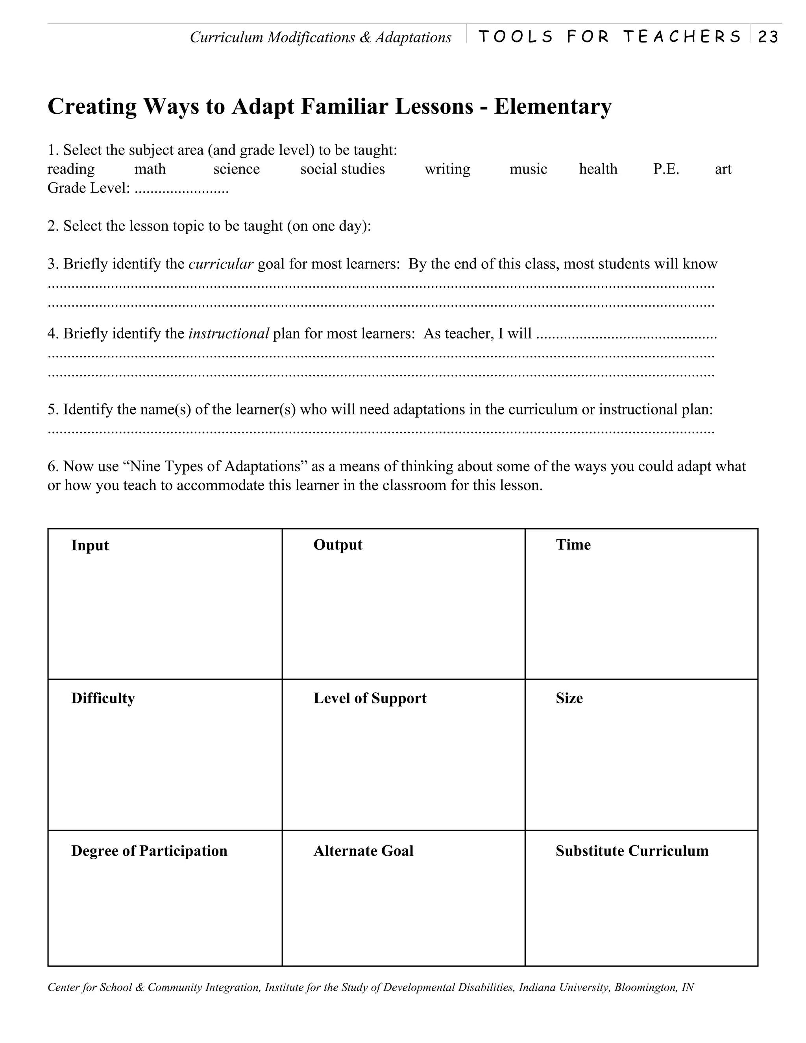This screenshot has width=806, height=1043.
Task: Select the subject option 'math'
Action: tap(150, 169)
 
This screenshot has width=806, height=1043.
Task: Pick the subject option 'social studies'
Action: tap(342, 169)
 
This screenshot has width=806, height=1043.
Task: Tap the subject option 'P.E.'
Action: tap(666, 169)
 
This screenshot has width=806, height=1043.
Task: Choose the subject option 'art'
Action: tap(723, 169)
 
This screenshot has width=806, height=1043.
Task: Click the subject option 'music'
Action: tap(528, 169)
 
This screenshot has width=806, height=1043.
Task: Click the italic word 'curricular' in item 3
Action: tap(221, 264)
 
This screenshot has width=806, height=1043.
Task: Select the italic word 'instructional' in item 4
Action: tap(229, 333)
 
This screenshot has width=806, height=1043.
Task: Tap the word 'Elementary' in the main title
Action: tap(553, 106)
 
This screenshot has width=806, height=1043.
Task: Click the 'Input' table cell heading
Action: tap(90, 546)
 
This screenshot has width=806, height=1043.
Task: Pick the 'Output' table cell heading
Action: tap(338, 545)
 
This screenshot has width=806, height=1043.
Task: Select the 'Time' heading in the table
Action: tap(573, 545)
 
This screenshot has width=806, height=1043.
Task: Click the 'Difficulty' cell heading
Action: tap(103, 698)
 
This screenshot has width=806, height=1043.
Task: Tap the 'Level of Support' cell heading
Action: tap(370, 698)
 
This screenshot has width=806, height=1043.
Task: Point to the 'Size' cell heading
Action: tap(569, 698)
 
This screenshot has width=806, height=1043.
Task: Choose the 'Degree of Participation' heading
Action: tap(149, 851)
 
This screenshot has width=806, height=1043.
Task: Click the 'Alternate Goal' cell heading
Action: tap(363, 851)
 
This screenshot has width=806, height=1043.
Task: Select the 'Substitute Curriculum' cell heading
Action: tap(632, 851)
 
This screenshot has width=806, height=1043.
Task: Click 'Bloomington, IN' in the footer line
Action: tap(654, 987)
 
